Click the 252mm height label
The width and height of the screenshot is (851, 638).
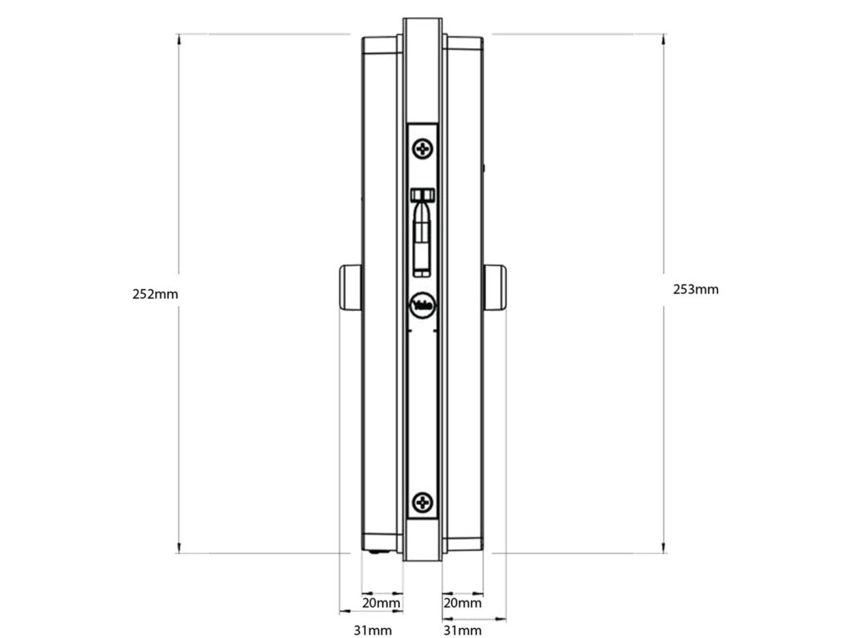click(155, 294)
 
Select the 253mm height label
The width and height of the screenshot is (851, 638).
click(696, 289)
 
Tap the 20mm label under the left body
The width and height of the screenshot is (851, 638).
click(381, 602)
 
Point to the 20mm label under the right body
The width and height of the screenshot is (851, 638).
click(463, 602)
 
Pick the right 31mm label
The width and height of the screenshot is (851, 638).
click(462, 631)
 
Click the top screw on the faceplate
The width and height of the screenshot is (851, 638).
click(424, 150)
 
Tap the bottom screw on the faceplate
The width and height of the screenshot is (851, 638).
click(424, 502)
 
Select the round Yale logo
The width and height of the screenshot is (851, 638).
click(423, 305)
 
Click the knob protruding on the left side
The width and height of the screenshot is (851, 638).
click(350, 287)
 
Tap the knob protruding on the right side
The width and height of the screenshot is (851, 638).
click(495, 287)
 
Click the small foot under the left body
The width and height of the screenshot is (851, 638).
click(377, 552)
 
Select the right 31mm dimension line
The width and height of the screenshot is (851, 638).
click(473, 619)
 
